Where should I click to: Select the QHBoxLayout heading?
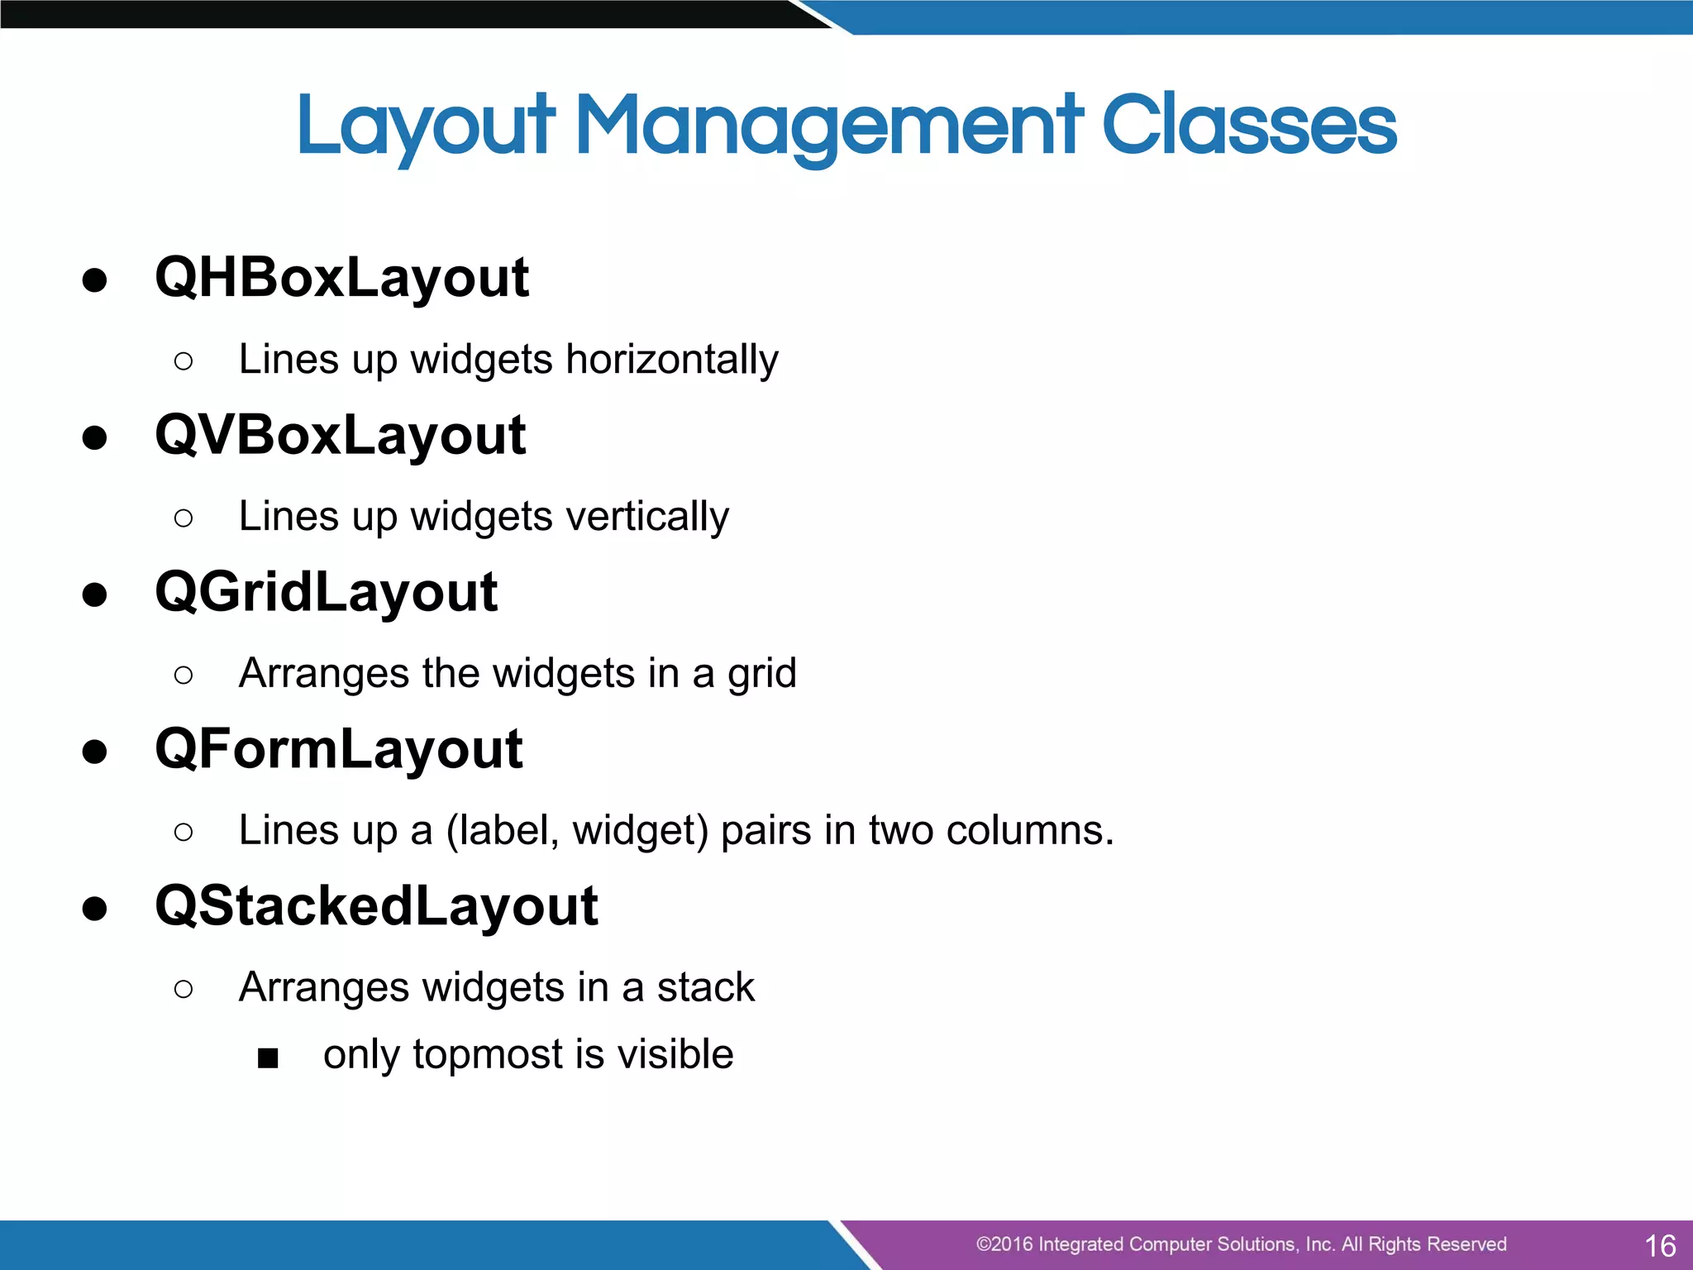pos(341,278)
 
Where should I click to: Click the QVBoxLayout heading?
pos(340,435)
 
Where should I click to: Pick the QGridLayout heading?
pos(326,592)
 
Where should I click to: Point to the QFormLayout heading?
pos(338,749)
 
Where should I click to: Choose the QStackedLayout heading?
pos(376,906)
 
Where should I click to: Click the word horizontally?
pos(671,360)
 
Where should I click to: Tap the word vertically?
pos(647,517)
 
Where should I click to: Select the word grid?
pos(761,674)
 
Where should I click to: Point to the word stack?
pos(705,987)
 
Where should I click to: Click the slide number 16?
pos(1660,1245)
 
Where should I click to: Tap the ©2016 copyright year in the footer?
pos(1004,1244)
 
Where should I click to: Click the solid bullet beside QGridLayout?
pos(95,594)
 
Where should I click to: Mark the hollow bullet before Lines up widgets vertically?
pos(184,518)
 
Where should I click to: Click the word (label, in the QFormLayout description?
pos(503,830)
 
